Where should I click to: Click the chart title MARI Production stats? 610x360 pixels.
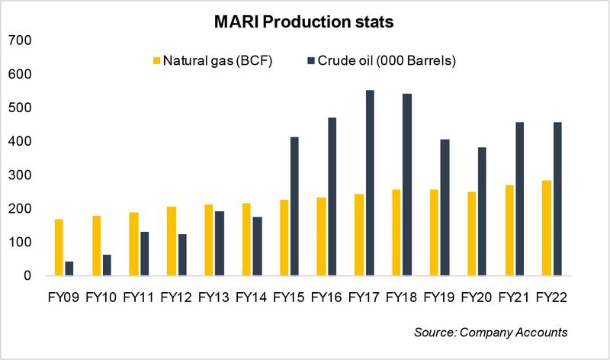(x=304, y=23)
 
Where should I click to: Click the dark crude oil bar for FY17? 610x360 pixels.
(x=370, y=183)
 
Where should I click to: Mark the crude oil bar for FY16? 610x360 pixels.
(x=332, y=197)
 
